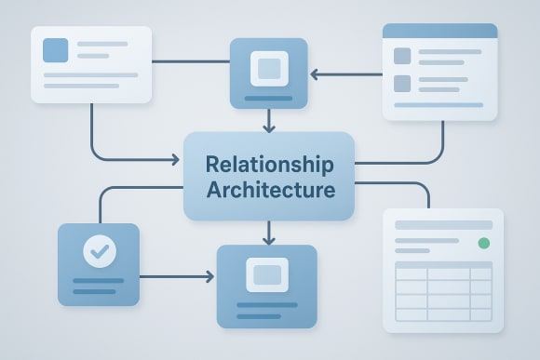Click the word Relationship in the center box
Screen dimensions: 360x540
coord(268,166)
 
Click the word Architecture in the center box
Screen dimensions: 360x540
coord(268,192)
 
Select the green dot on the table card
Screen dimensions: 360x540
coord(483,244)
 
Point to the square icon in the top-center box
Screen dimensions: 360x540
coord(268,67)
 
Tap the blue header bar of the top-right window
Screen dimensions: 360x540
coord(439,31)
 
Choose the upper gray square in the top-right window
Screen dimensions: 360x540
coord(402,56)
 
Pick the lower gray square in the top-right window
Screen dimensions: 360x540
coord(402,84)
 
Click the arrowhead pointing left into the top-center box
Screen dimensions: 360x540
coord(315,73)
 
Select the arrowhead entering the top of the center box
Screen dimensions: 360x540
coord(268,127)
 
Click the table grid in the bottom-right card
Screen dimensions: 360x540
coord(443,291)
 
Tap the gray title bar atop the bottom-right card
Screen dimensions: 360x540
coord(443,225)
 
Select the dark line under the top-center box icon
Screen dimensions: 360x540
coord(268,96)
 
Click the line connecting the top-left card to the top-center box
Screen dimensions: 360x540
coord(191,62)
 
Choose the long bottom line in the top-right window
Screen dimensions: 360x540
coord(439,105)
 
